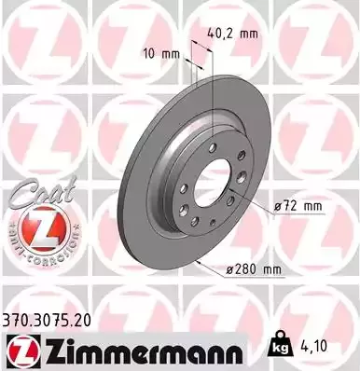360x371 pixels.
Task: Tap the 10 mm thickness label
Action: [x=159, y=53]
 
